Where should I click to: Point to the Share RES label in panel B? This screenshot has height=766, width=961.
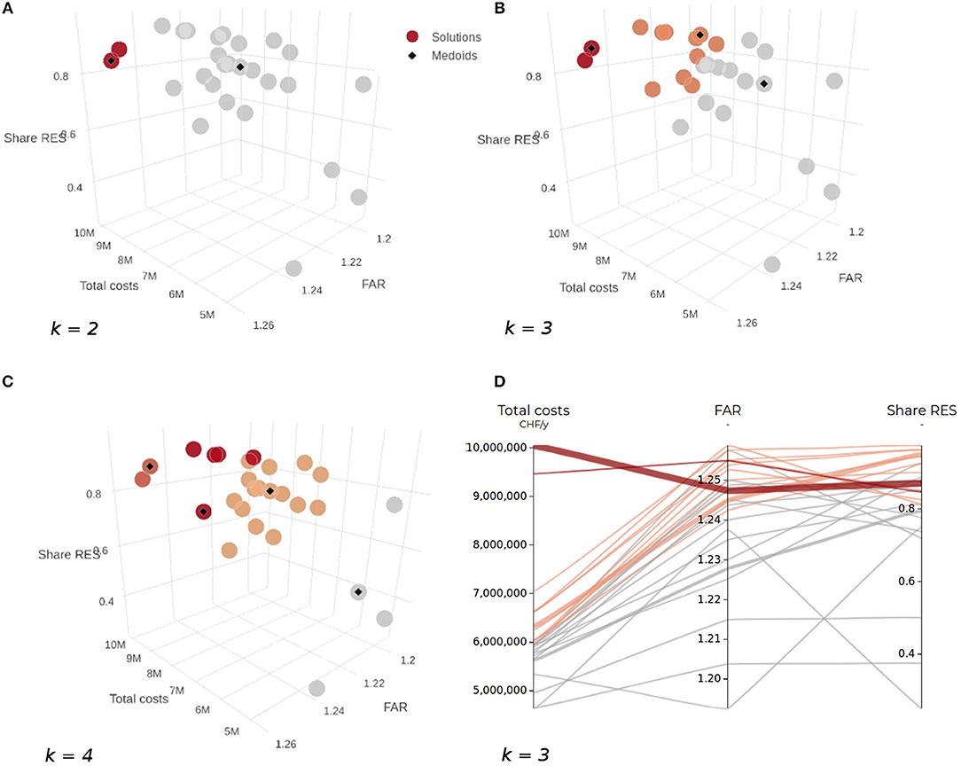(x=507, y=140)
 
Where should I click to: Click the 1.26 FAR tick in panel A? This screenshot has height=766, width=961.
(x=263, y=324)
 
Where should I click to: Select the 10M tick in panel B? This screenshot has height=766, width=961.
(x=558, y=233)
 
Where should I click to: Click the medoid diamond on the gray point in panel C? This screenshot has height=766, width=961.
(x=358, y=591)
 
